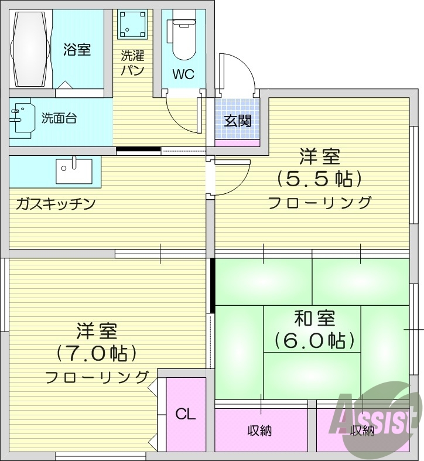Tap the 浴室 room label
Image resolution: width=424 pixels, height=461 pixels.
(x=77, y=49)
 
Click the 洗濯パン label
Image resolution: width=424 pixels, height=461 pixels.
(x=132, y=63)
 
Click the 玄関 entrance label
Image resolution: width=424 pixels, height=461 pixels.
(x=238, y=121)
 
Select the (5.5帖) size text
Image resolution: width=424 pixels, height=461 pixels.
(x=319, y=178)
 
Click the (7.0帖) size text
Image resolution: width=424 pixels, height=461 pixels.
(x=97, y=353)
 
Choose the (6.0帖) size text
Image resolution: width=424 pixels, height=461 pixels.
(x=315, y=340)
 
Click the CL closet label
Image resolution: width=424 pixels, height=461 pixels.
(x=186, y=414)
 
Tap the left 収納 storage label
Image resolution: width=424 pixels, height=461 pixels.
(x=259, y=431)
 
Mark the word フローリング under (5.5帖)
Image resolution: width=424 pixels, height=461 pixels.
(x=320, y=203)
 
